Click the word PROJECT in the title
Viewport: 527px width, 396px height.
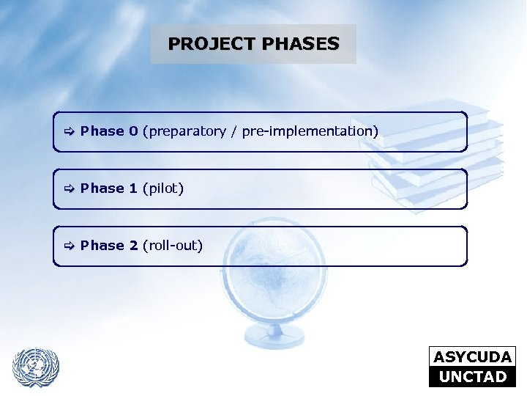[x=207, y=44]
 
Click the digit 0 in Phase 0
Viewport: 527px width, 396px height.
[x=133, y=131]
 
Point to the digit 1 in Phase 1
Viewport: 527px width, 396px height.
[x=133, y=188]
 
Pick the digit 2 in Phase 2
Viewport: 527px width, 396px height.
[x=133, y=246]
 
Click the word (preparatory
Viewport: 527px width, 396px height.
[x=184, y=132]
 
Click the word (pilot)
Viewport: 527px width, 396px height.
[x=163, y=189]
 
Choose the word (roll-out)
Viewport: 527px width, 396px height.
[x=173, y=246]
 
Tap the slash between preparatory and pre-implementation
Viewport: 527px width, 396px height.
[x=234, y=132]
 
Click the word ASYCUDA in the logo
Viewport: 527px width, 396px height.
[x=472, y=357]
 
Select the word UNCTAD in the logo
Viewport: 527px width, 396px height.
[x=472, y=377]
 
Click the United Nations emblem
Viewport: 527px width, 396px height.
[x=35, y=366]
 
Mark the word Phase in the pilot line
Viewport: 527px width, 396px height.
[x=102, y=188]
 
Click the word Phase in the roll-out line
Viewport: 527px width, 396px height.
[x=102, y=246]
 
